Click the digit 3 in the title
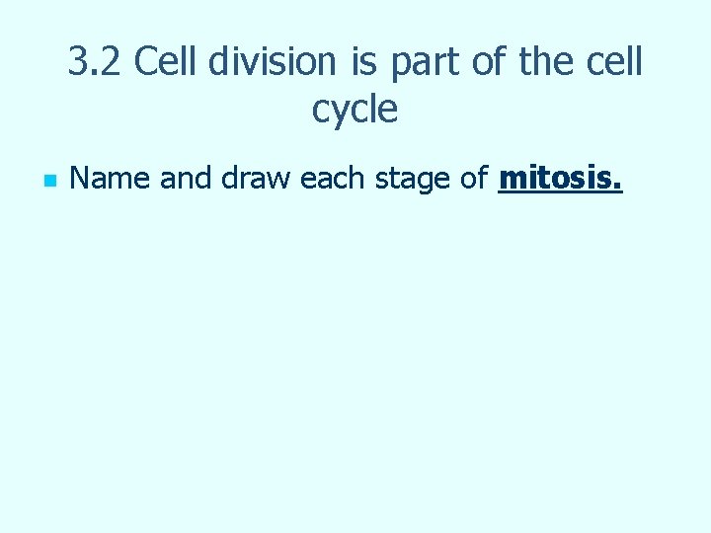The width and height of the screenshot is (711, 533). point(78,62)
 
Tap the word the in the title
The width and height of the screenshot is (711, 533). point(551,62)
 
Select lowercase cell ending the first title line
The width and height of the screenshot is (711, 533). point(618,62)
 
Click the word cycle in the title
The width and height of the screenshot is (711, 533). point(355,110)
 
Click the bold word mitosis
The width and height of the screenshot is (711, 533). point(556,179)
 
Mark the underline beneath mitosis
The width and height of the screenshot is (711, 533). point(560,191)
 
